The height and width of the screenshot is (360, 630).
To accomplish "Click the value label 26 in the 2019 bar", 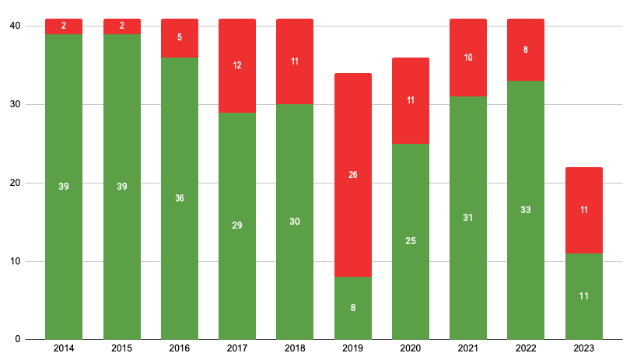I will pyautogui.click(x=353, y=175).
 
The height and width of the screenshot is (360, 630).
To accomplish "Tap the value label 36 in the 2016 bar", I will pyautogui.click(x=180, y=198).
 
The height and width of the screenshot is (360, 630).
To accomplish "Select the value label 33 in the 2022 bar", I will pyautogui.click(x=526, y=210).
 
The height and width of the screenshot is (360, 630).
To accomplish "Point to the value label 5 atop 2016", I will pyautogui.click(x=180, y=37).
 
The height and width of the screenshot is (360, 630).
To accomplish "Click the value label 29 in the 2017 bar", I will pyautogui.click(x=237, y=225).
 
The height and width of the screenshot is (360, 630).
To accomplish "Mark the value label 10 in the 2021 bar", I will pyautogui.click(x=468, y=58).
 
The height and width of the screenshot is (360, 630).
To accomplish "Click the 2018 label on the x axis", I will pyautogui.click(x=295, y=349).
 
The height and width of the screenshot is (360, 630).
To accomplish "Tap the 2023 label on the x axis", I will pyautogui.click(x=583, y=349).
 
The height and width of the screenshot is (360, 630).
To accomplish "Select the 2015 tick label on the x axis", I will pyautogui.click(x=121, y=349).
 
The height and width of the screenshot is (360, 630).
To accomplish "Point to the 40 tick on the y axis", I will pyautogui.click(x=15, y=26).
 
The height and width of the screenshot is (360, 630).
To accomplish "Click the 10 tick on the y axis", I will pyautogui.click(x=15, y=261).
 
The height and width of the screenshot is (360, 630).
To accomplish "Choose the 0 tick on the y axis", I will pyautogui.click(x=18, y=340).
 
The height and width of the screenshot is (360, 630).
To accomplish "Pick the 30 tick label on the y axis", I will pyautogui.click(x=15, y=105).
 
